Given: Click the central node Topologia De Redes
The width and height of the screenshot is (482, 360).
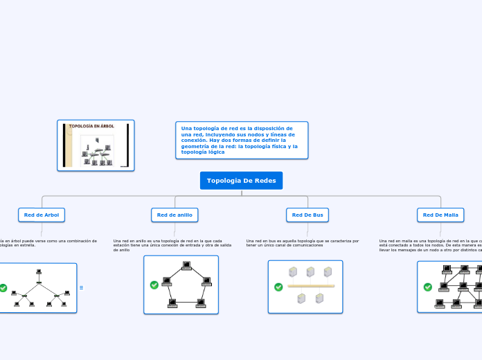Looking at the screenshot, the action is point(241,181).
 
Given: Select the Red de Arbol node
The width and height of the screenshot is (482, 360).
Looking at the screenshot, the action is point(42,215).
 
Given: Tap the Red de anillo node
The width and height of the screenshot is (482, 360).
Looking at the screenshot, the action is point(175,215).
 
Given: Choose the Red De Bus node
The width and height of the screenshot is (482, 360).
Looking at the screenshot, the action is point(307,215).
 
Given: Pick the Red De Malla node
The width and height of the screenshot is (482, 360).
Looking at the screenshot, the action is point(440,215).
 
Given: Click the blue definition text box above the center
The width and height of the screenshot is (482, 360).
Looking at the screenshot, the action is point(242,140).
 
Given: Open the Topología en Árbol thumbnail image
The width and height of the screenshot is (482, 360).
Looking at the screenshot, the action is point(96,145).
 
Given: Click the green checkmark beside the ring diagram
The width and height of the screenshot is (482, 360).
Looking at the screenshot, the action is point(154,285).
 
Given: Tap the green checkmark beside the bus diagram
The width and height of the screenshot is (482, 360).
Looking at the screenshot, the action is point(278,287).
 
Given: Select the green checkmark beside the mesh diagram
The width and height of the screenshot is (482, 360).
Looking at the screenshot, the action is point(427,287).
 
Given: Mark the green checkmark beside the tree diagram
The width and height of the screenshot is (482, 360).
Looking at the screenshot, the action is point(3,287).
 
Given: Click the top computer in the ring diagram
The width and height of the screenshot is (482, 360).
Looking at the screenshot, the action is point(186,265).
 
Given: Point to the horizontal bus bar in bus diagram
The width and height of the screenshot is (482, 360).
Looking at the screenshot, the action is point(311,286).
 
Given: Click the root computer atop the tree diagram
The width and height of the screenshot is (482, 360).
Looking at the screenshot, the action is point(39,271).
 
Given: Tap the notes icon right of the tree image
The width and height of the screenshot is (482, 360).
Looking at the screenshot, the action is point(81,287).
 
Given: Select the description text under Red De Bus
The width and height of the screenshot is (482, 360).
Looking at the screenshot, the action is point(303,243).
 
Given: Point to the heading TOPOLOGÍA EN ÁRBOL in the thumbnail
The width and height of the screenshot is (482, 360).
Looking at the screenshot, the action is point(91,126).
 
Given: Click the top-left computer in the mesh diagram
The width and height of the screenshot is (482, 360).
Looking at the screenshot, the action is point(447,269).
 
